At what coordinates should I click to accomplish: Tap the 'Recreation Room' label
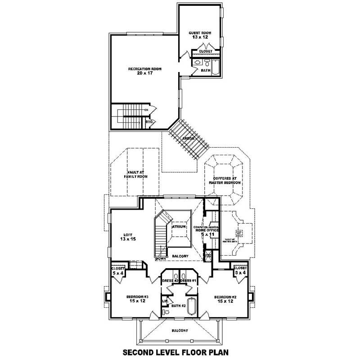tap(144, 71)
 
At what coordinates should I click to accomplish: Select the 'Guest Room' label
tap(200, 36)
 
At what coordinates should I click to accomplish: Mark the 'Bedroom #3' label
tap(138, 299)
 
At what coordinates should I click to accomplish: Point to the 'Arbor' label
tap(188, 139)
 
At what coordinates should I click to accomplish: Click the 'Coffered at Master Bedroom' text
tap(225, 181)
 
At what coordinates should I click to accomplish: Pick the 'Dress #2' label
tap(171, 281)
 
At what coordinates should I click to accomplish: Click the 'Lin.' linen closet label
tap(165, 301)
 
